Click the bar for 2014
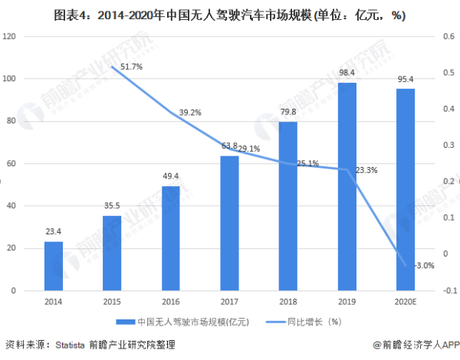coord(54,266)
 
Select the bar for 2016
coord(171,238)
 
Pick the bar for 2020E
coord(406,189)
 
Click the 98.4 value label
coord(347,74)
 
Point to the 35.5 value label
coord(113,205)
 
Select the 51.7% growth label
coord(130,67)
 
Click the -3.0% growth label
coord(423,266)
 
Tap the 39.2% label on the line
coord(189,113)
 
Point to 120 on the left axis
coord(11,36)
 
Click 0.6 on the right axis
coord(445,36)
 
